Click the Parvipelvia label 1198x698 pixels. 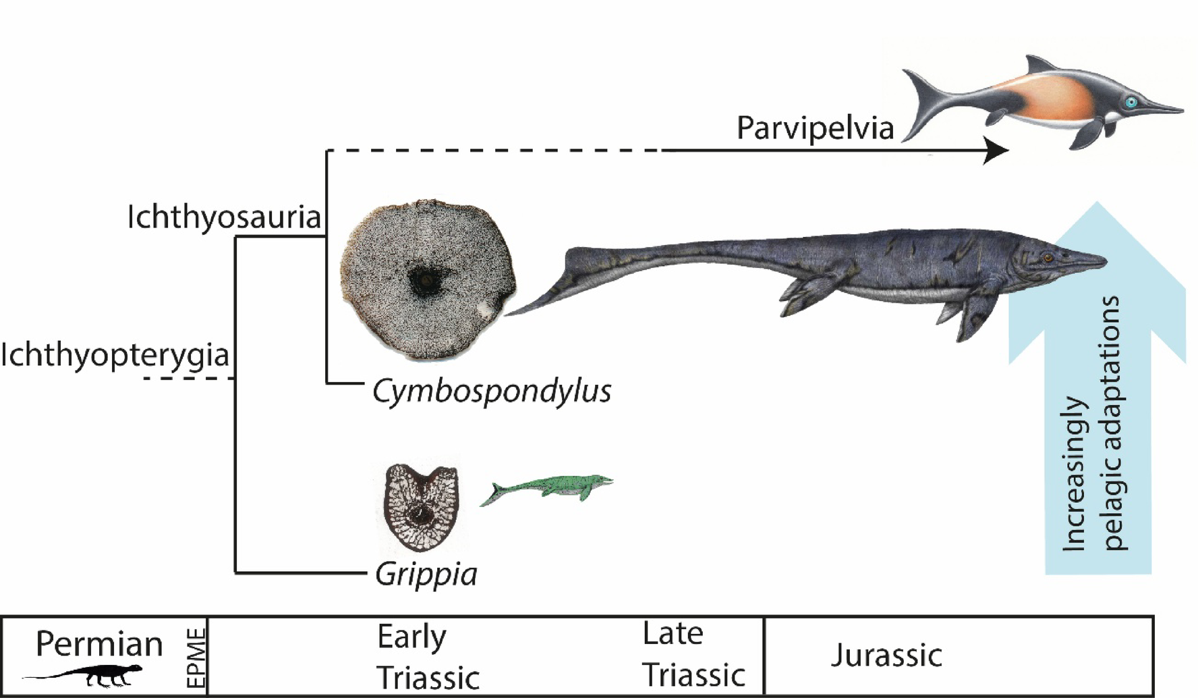[815, 128]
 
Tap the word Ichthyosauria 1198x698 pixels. [224, 217]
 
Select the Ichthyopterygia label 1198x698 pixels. [115, 355]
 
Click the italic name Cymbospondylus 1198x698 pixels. [492, 391]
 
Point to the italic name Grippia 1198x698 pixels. [426, 574]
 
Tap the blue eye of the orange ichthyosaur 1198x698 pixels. [1131, 102]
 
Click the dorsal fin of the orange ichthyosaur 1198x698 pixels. [1035, 65]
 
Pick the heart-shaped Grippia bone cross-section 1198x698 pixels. [422, 506]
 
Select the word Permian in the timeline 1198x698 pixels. [99, 643]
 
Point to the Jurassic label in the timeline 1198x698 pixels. [886, 655]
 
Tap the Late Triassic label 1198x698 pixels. [693, 654]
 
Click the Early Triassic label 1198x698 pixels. [428, 657]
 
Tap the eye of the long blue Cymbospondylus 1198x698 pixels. [1048, 257]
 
